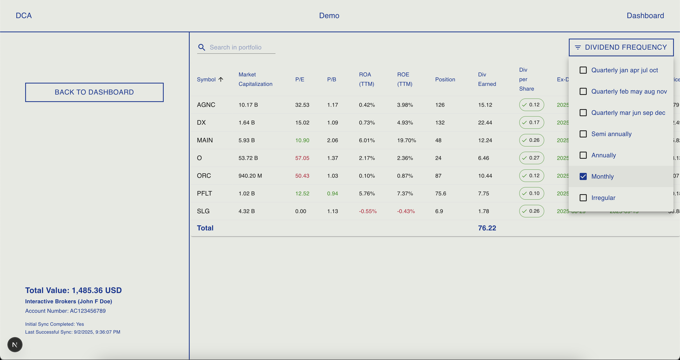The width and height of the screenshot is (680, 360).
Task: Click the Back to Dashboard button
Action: pyautogui.click(x=94, y=92)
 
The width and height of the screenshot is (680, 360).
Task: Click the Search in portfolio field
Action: pyautogui.click(x=242, y=47)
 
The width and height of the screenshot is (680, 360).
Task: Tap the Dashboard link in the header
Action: pyautogui.click(x=645, y=16)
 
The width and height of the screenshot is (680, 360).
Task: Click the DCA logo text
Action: pyautogui.click(x=24, y=16)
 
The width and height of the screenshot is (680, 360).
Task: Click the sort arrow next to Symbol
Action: pyautogui.click(x=221, y=79)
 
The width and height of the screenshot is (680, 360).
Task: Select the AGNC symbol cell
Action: pyautogui.click(x=206, y=105)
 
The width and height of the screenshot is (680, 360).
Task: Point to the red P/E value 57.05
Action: pyautogui.click(x=302, y=158)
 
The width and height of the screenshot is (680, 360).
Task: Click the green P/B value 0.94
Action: pyautogui.click(x=332, y=193)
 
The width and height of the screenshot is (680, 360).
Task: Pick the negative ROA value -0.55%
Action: pyautogui.click(x=368, y=211)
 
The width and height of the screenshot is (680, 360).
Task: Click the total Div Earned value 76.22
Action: pyautogui.click(x=487, y=228)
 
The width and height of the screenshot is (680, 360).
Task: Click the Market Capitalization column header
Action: pyautogui.click(x=255, y=79)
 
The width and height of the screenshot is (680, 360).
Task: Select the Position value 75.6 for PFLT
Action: pyautogui.click(x=440, y=193)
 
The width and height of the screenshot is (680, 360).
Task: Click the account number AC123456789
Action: pyautogui.click(x=88, y=311)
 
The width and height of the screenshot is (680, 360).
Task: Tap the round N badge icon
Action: pyautogui.click(x=15, y=344)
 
